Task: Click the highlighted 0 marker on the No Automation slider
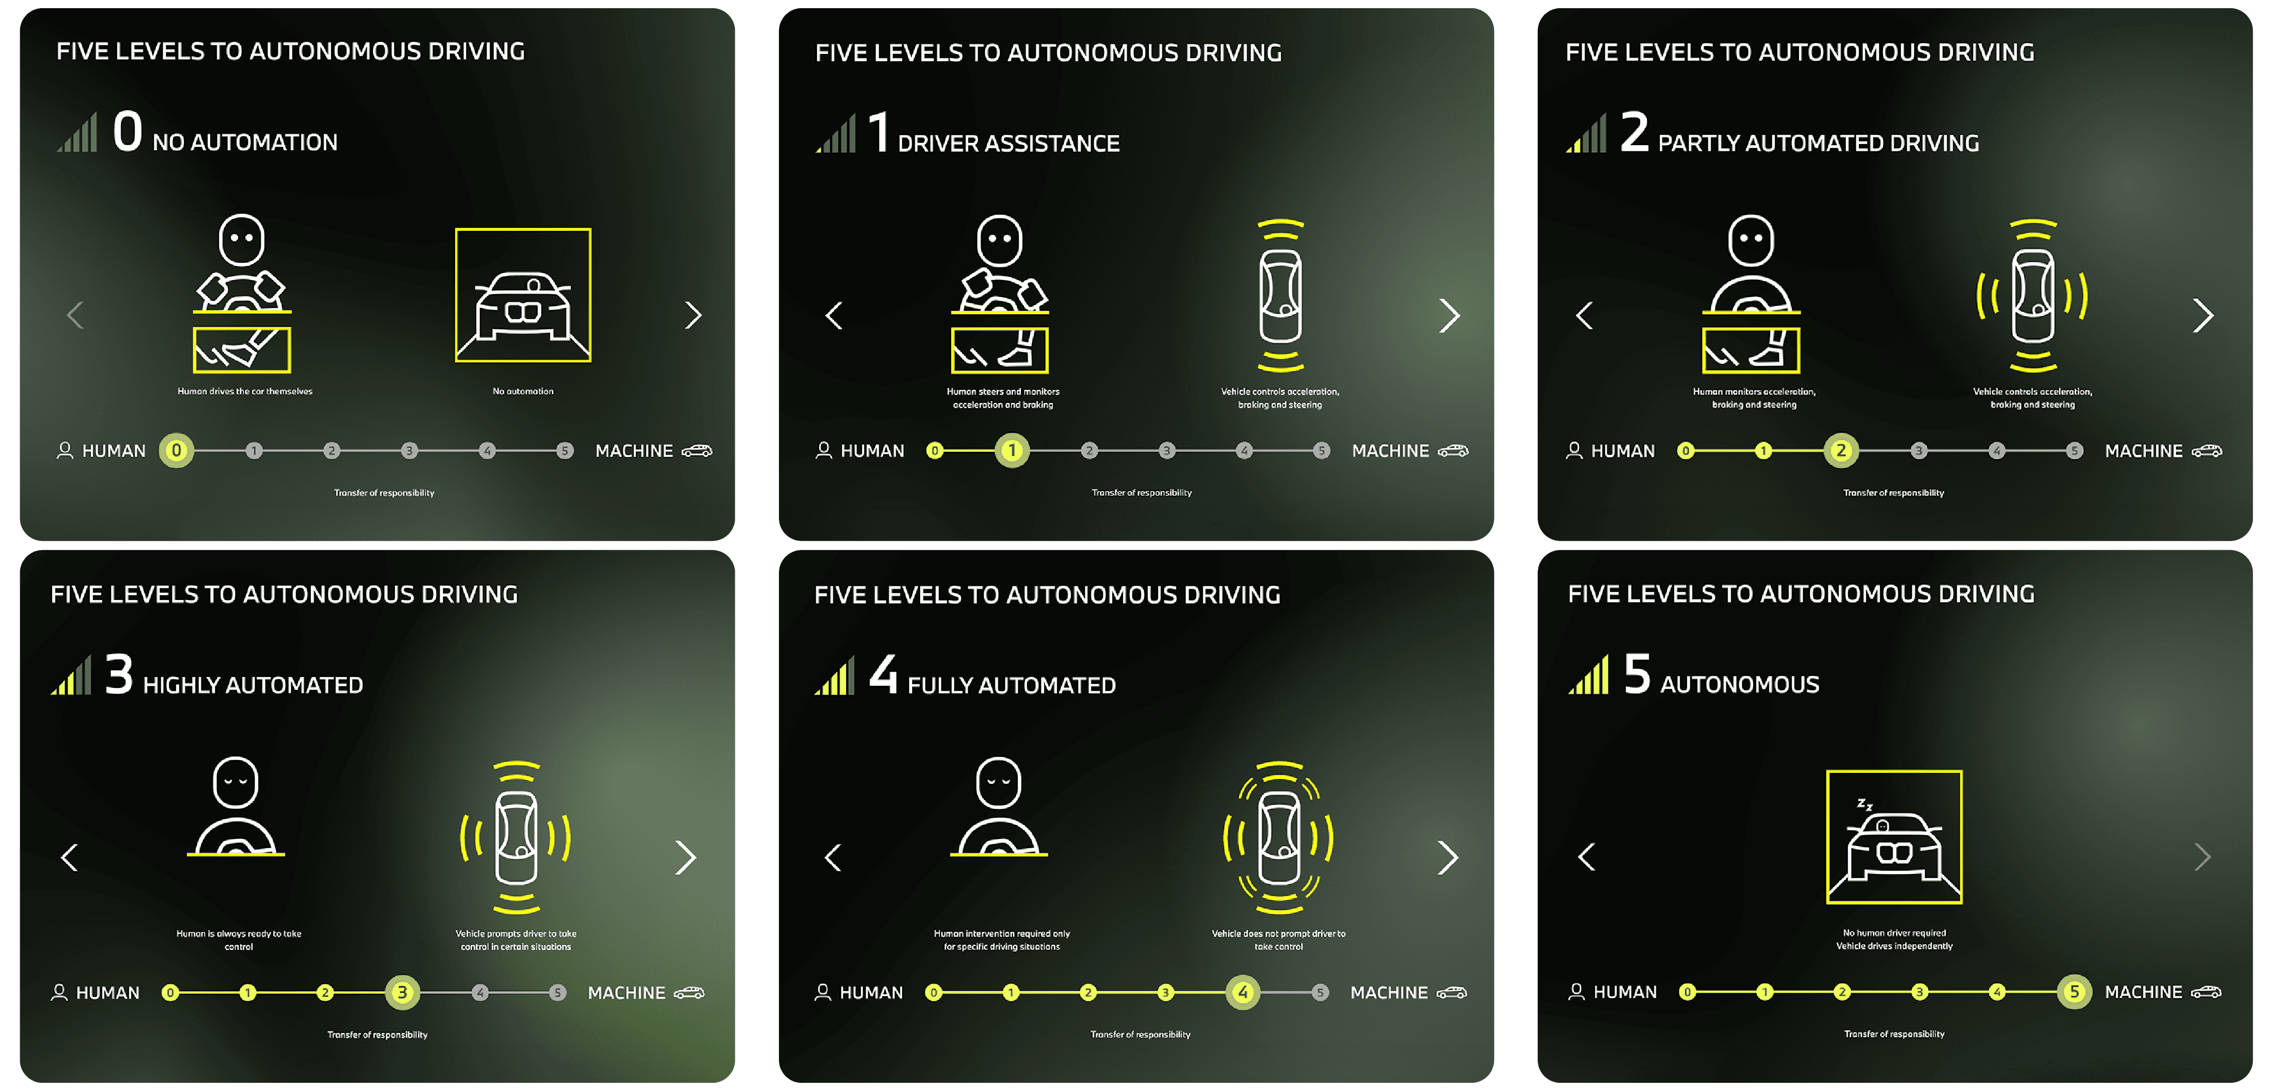(x=177, y=450)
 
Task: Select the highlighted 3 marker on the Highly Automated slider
(x=401, y=992)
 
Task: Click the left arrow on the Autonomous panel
(x=1586, y=856)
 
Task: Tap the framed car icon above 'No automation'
(x=523, y=295)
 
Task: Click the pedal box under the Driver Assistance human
(x=1000, y=350)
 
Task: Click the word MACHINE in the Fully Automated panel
(x=1389, y=992)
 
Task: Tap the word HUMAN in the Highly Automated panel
(x=107, y=992)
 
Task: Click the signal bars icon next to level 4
(x=834, y=675)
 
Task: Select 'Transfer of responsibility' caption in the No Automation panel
(x=384, y=493)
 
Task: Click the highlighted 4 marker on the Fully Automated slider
(x=1243, y=992)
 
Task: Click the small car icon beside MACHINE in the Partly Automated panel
(x=2207, y=450)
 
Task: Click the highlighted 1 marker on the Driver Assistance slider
(x=1012, y=450)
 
